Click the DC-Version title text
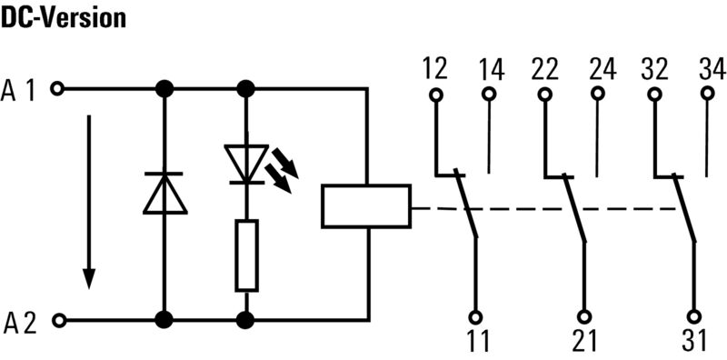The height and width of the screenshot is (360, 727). coord(63,17)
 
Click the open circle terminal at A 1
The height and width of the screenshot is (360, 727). coord(58,89)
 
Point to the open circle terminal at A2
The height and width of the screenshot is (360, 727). coord(58,320)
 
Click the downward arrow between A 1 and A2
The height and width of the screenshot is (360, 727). coord(88,200)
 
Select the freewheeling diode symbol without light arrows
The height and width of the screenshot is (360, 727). coord(164,193)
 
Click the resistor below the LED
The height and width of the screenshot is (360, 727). coord(245,255)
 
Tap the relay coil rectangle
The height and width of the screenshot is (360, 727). coord(366,205)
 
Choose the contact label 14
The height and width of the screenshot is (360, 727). coord(490,68)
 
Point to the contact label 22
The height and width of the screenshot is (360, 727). coord(545,68)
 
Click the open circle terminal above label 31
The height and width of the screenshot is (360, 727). coord(693,316)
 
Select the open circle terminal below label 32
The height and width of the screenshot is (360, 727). coord(653,94)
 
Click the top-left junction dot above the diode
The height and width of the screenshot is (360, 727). coord(164,89)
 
